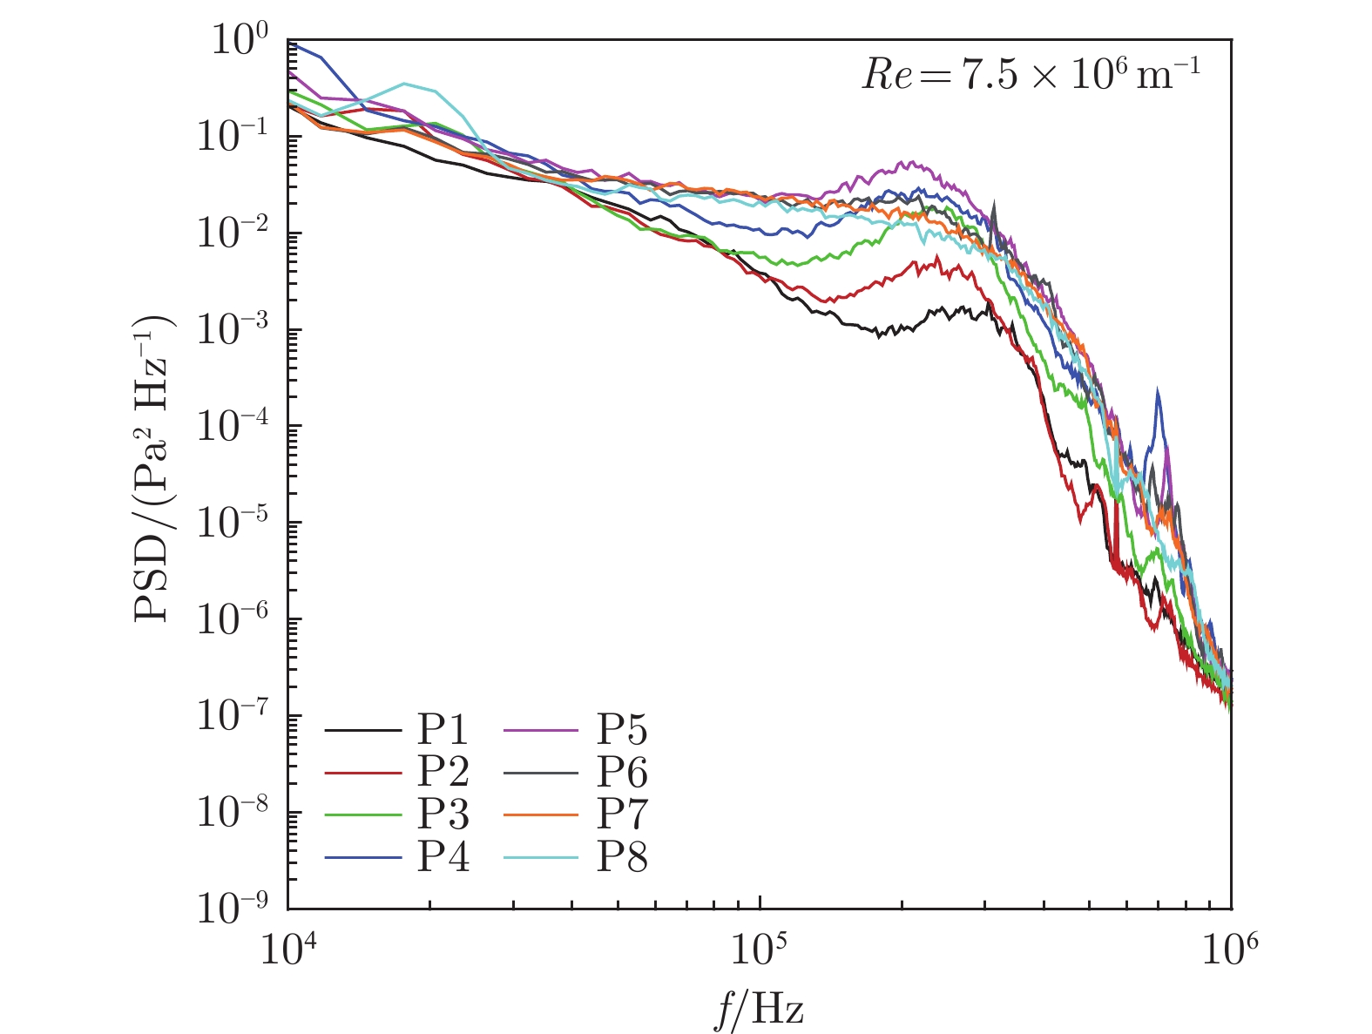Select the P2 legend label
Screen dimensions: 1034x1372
point(443,772)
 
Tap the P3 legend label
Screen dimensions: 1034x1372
point(443,814)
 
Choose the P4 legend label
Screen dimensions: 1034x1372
point(443,857)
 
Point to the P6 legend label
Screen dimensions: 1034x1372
point(622,772)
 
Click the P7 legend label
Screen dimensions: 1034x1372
point(622,814)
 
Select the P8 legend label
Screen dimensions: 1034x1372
point(622,857)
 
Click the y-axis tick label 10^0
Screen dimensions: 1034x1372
point(239,42)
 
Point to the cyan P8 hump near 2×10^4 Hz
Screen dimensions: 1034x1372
point(405,84)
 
